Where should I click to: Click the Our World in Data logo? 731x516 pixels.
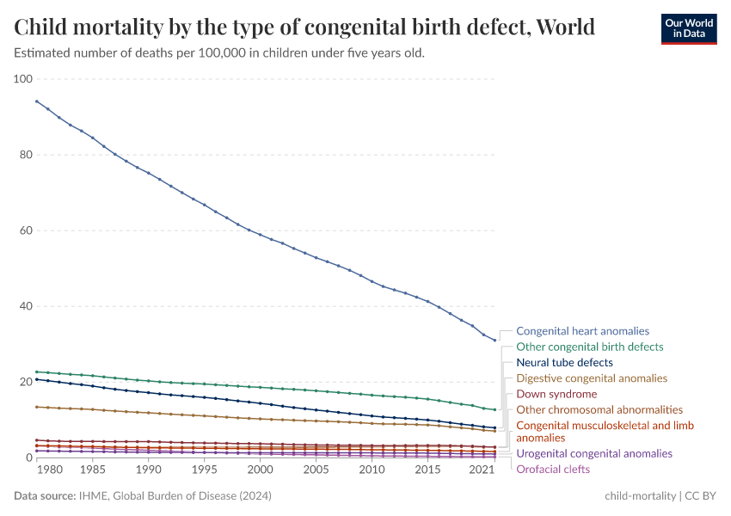pos(688,28)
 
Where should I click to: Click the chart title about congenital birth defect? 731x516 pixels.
pos(304,28)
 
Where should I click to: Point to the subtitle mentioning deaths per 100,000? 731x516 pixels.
pos(219,52)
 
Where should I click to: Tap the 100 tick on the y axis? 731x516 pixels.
pos(23,79)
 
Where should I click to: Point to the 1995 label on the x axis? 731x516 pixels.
pos(204,470)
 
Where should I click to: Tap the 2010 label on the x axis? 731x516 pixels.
pos(372,470)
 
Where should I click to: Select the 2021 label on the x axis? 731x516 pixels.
pos(482,470)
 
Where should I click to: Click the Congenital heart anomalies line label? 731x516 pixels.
pos(582,331)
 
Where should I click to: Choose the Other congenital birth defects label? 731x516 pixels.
pos(589,347)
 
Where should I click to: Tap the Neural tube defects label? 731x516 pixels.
pos(564,363)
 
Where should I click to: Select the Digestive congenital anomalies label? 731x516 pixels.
pos(591,378)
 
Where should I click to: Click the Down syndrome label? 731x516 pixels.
pos(556,394)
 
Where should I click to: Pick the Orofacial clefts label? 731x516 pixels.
pos(553,469)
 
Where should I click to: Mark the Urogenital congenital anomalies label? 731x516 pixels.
pos(593,453)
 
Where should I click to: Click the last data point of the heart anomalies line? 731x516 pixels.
pos(494,341)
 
